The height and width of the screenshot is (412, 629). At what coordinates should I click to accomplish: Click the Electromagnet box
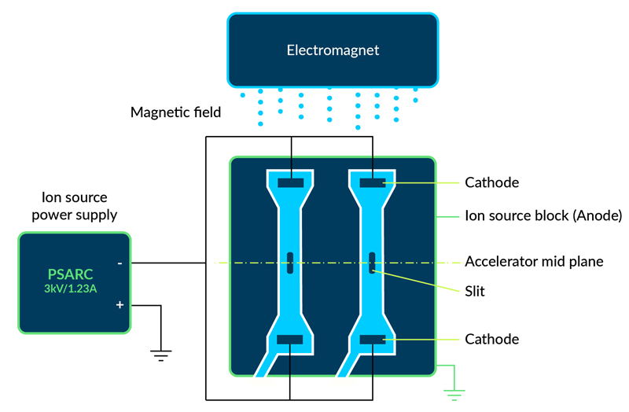click(x=332, y=50)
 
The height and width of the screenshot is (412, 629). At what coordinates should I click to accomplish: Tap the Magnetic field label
click(x=175, y=112)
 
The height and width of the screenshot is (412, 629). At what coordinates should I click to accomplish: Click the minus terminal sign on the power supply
click(x=120, y=263)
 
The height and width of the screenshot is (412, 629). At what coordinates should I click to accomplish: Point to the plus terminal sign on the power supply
click(x=120, y=304)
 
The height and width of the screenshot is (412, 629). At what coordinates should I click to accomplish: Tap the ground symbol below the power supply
click(x=161, y=355)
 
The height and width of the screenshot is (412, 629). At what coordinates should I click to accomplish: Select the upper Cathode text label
click(x=492, y=182)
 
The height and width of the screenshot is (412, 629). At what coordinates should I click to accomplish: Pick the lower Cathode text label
click(x=492, y=339)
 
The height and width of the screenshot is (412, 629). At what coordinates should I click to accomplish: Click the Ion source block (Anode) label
click(x=543, y=215)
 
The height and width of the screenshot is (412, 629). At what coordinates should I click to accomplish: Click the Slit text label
click(x=475, y=291)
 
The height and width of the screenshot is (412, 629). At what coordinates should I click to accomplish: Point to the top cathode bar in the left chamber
click(x=291, y=183)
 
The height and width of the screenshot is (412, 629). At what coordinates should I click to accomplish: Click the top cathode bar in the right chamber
click(x=372, y=183)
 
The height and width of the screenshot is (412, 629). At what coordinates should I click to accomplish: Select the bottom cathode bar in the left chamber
click(x=291, y=340)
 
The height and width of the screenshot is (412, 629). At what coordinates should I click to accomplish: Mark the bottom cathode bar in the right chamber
click(x=372, y=340)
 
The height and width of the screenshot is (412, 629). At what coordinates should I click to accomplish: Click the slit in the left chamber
click(x=291, y=262)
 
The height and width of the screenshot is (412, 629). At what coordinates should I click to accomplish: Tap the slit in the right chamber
click(x=372, y=262)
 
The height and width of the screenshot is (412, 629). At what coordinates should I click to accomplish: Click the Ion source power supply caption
click(x=75, y=205)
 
